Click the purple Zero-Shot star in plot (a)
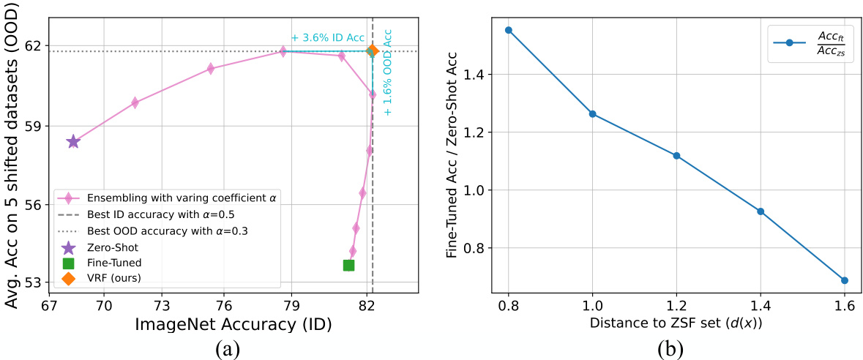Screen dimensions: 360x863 pos(73,141)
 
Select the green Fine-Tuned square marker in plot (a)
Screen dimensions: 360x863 pos(349,265)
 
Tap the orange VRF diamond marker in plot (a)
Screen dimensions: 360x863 pos(373,50)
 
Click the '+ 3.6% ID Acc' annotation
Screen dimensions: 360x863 pos(327,38)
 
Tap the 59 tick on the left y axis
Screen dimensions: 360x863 pos(34,125)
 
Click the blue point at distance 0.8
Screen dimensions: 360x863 pos(509,30)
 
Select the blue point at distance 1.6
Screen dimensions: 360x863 pos(845,280)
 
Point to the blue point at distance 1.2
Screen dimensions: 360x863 pos(676,155)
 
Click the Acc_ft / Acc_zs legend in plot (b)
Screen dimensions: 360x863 pos(815,42)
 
